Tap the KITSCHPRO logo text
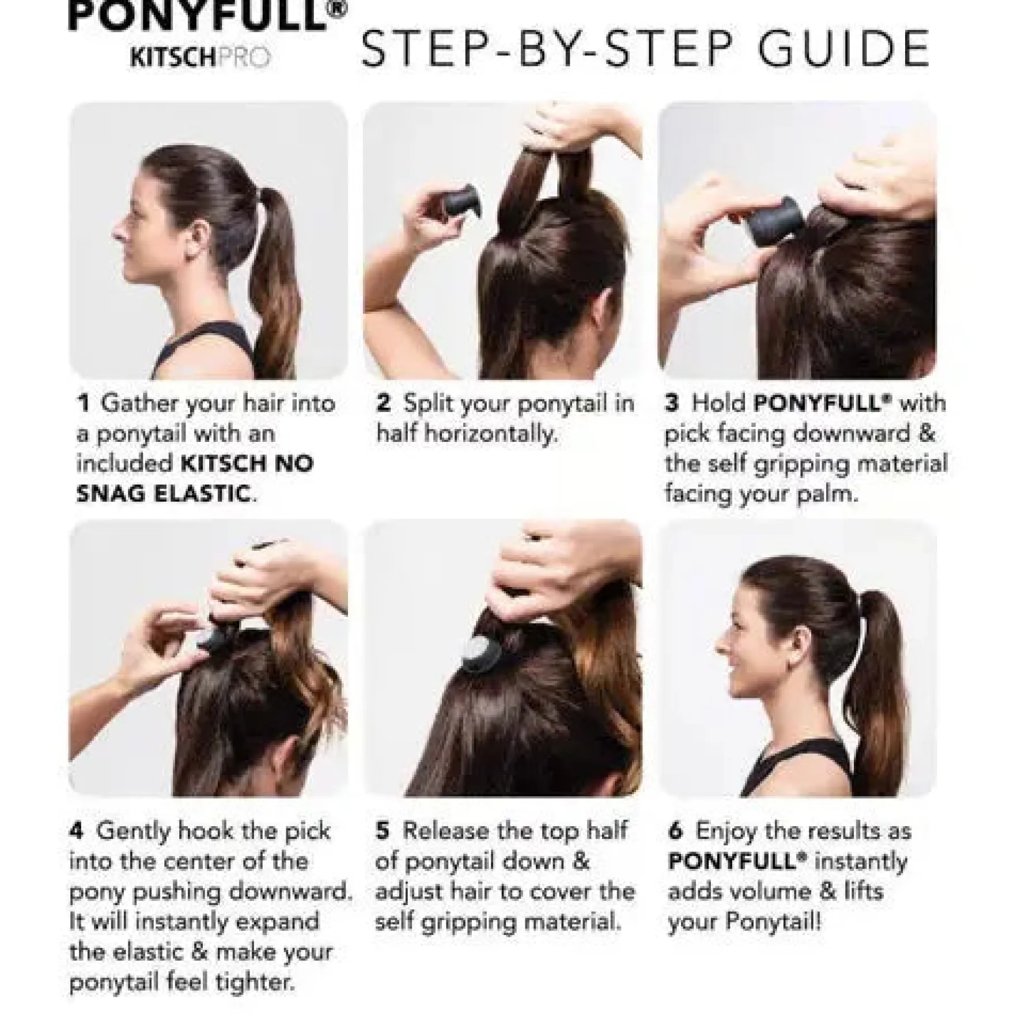click(x=200, y=58)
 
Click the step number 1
click(x=84, y=403)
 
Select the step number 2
click(x=384, y=403)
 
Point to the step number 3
click(x=672, y=403)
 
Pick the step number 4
click(x=77, y=831)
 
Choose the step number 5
click(x=383, y=831)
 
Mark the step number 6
click(x=676, y=831)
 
